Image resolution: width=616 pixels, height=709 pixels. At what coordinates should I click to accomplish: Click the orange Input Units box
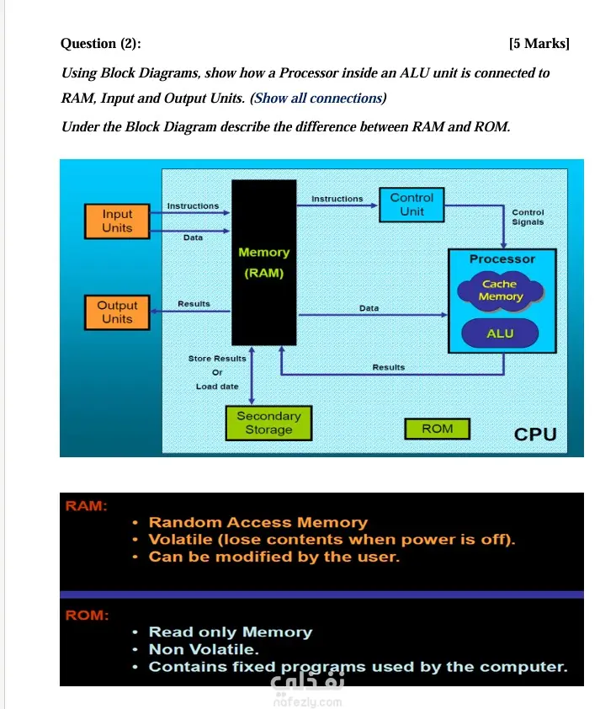[117, 221]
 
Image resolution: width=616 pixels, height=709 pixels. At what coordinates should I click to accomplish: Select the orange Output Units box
[117, 312]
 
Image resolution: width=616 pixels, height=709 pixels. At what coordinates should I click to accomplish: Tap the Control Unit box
[412, 205]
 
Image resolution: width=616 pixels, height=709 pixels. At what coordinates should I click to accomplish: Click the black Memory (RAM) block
[264, 263]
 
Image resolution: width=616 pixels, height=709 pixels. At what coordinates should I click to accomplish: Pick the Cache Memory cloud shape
[500, 291]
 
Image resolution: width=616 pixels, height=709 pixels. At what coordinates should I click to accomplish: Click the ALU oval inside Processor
[500, 333]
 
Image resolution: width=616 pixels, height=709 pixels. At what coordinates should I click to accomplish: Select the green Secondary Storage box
[269, 424]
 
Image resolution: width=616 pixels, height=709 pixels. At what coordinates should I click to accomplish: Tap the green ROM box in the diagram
[437, 429]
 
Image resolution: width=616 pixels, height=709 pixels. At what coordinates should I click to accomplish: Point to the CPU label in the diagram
[535, 434]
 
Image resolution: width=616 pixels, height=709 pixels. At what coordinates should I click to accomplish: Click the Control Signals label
[528, 217]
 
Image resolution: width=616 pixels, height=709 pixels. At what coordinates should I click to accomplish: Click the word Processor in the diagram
[502, 259]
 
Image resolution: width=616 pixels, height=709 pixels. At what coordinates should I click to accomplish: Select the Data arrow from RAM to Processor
[373, 315]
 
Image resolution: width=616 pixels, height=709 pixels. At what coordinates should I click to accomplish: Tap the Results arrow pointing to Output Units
[190, 311]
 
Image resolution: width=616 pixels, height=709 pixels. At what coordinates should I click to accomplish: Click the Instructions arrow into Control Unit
[337, 205]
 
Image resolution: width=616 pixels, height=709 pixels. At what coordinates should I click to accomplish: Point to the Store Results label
[217, 359]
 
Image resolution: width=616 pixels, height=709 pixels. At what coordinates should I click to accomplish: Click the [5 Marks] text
[539, 44]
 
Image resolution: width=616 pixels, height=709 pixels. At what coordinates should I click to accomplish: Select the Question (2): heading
[101, 44]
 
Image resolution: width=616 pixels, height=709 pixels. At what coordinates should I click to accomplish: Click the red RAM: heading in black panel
[87, 505]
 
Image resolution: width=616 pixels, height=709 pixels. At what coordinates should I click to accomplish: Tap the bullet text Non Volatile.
[204, 649]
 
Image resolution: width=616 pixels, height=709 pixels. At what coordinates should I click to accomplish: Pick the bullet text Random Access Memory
[258, 523]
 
